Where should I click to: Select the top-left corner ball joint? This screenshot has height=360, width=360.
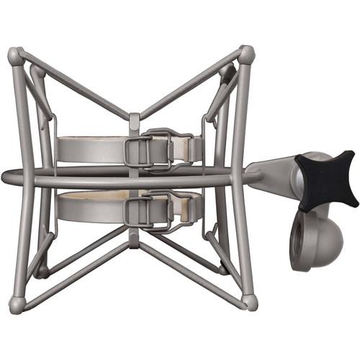(x=15, y=55)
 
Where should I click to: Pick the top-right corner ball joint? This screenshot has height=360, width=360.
(x=246, y=54)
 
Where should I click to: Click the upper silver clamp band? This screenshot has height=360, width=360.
(x=86, y=150)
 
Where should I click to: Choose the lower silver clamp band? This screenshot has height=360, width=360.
(x=86, y=210)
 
